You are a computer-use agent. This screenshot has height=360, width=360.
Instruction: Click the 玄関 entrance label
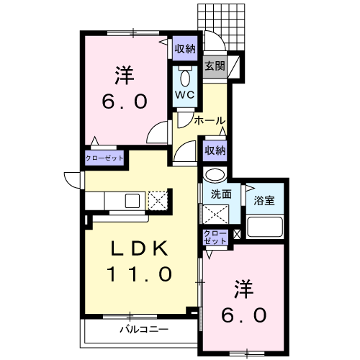click(x=215, y=66)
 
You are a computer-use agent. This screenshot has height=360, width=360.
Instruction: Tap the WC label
click(x=184, y=95)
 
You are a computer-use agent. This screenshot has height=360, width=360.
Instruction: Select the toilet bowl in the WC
click(x=185, y=78)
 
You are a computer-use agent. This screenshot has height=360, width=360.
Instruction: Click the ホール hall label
click(x=210, y=121)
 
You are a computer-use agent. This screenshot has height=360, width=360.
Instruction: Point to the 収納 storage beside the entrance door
click(x=185, y=49)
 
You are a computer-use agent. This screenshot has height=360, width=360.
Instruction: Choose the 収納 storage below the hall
click(x=215, y=150)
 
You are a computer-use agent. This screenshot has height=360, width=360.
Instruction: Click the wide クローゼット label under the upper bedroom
click(x=104, y=158)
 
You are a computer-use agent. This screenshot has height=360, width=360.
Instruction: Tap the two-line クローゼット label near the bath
click(x=215, y=237)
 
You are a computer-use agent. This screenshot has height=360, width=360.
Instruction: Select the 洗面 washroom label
click(x=221, y=194)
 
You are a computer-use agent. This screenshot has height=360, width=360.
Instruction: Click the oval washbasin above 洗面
click(x=215, y=174)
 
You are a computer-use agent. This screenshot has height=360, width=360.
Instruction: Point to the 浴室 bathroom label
click(x=264, y=200)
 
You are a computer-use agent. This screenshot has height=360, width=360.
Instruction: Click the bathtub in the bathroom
click(x=265, y=227)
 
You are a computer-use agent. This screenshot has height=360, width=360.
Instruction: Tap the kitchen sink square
click(x=132, y=201)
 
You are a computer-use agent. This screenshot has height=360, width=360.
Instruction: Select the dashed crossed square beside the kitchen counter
click(x=158, y=200)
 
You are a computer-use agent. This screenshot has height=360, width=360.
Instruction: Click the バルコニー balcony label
click(x=144, y=329)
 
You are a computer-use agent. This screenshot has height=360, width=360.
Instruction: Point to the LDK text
click(x=139, y=248)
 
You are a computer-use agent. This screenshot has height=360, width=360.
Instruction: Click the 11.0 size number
click(x=139, y=274)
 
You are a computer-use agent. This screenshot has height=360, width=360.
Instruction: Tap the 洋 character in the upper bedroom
click(x=124, y=75)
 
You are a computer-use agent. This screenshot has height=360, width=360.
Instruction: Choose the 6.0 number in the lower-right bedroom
click(x=243, y=315)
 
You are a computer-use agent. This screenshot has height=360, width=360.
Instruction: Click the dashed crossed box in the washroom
click(x=215, y=214)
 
